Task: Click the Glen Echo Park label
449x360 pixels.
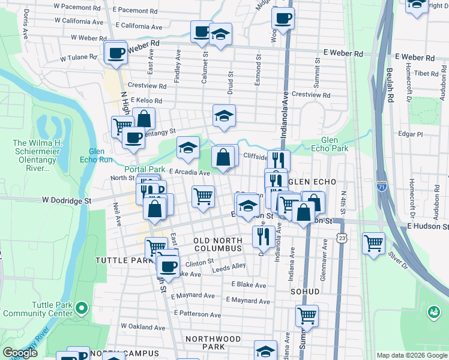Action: [x=334, y=144]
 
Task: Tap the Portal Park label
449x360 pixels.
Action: [x=145, y=169]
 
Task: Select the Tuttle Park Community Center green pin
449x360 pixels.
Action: [x=82, y=309]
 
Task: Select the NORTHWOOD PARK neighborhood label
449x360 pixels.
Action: [x=213, y=343]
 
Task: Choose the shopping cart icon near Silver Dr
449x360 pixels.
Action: [x=374, y=243]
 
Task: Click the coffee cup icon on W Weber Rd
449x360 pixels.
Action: [x=116, y=53]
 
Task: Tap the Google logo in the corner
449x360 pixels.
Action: [x=20, y=353]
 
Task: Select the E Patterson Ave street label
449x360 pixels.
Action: [x=197, y=313]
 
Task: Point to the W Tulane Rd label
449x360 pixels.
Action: [x=79, y=58]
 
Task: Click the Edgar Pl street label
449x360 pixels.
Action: [x=411, y=134]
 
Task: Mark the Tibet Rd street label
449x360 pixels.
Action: [x=427, y=73]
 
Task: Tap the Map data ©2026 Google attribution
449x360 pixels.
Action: [x=412, y=355]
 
